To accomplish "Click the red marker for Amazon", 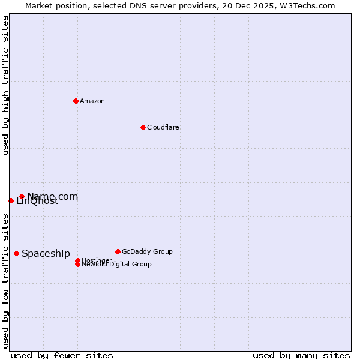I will click(x=76, y=101).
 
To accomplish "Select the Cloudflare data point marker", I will click(x=143, y=127).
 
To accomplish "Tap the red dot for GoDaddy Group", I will click(x=118, y=251).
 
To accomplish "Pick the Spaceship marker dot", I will click(x=16, y=253).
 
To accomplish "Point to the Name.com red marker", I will click(x=22, y=196).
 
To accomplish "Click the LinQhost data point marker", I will click(x=11, y=200).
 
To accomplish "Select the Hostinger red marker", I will click(x=77, y=260).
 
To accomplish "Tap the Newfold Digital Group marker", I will click(x=77, y=264).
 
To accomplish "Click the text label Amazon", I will click(x=92, y=101).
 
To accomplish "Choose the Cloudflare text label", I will click(x=163, y=127).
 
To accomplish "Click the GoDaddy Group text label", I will click(x=147, y=251).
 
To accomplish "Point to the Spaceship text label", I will click(x=46, y=253).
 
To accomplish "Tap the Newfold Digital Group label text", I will click(x=116, y=265).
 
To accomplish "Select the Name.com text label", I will click(x=53, y=196).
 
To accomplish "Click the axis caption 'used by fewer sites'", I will click(x=62, y=355).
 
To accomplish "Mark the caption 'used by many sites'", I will click(x=301, y=355).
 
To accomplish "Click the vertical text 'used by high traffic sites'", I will click(x=5, y=85).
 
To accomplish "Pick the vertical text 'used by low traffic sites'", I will click(x=5, y=280).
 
